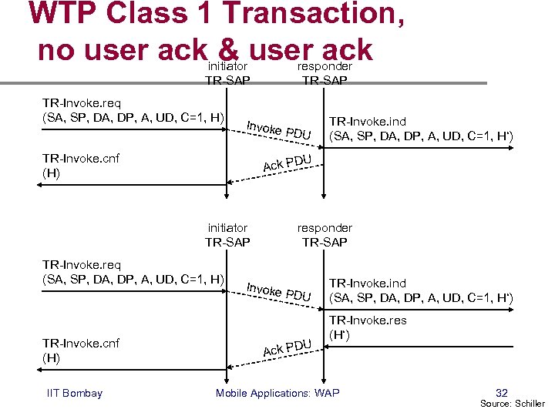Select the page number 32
(x=502, y=392)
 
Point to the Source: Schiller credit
(x=513, y=404)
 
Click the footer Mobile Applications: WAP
(x=277, y=394)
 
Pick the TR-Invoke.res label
(x=368, y=320)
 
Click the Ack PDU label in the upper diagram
(x=286, y=163)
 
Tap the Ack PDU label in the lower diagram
(x=286, y=347)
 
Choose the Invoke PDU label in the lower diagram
(x=278, y=292)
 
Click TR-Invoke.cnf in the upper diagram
(x=81, y=159)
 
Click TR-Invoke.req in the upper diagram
(x=81, y=103)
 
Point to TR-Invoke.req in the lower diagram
(x=81, y=263)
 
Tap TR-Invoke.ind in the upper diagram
(x=368, y=122)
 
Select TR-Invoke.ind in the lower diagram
(x=368, y=283)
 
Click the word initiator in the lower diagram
(x=227, y=228)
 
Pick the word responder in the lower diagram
(x=325, y=228)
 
